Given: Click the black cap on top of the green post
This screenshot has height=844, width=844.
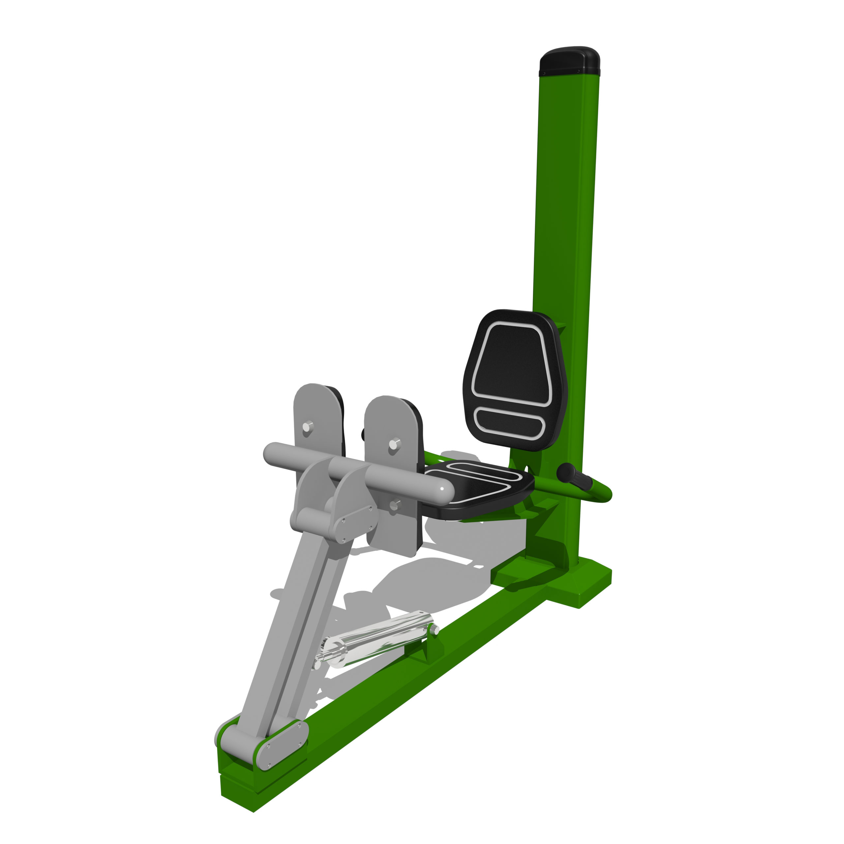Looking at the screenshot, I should (x=569, y=61).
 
